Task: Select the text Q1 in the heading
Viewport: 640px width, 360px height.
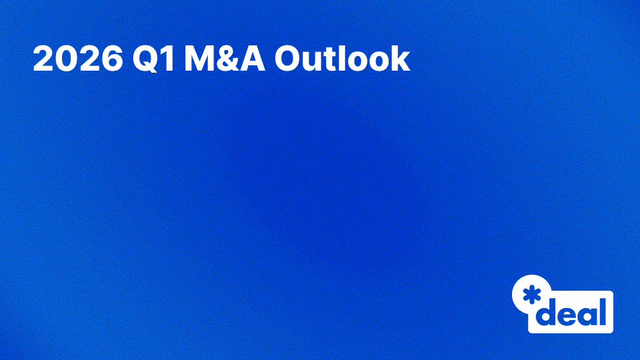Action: pos(153,59)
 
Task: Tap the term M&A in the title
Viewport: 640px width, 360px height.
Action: pos(224,59)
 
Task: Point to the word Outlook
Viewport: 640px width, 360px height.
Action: pos(342,59)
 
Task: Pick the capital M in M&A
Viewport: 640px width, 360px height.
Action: pos(199,59)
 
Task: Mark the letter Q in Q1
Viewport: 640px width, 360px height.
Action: pos(144,59)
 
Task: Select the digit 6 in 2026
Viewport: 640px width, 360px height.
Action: pos(110,59)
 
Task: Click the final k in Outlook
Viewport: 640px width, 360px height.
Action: pos(399,59)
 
